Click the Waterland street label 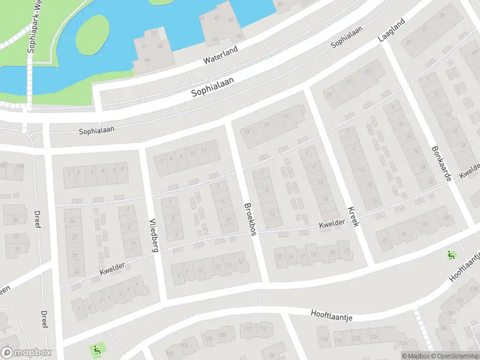point(221,56)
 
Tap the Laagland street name point(391,29)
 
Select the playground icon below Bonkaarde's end point(451,254)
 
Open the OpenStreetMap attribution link point(455,356)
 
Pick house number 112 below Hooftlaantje point(262,328)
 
